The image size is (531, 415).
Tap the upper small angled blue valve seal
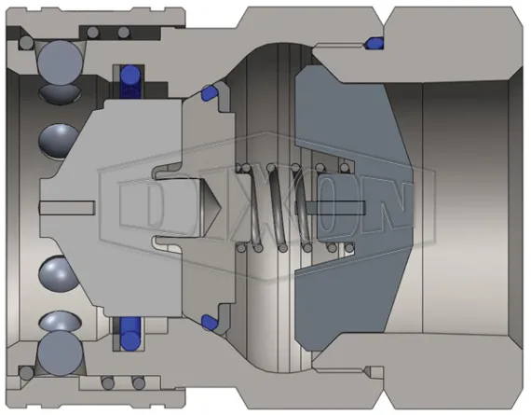[208, 91]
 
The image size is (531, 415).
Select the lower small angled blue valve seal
[208, 322]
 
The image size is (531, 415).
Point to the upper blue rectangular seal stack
[129, 81]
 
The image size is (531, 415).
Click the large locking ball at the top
[59, 61]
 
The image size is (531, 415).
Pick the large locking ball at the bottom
[59, 353]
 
